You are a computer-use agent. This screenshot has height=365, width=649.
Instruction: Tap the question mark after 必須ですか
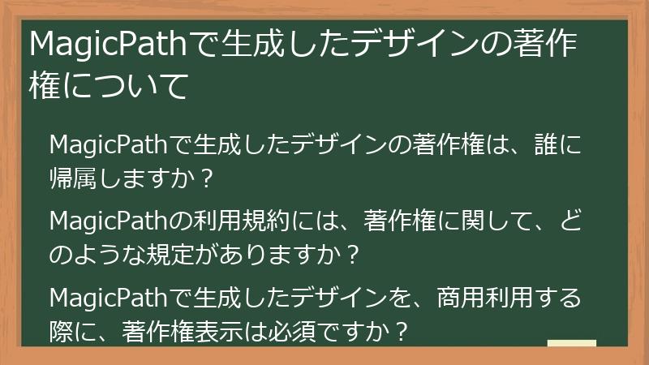pos(398,329)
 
